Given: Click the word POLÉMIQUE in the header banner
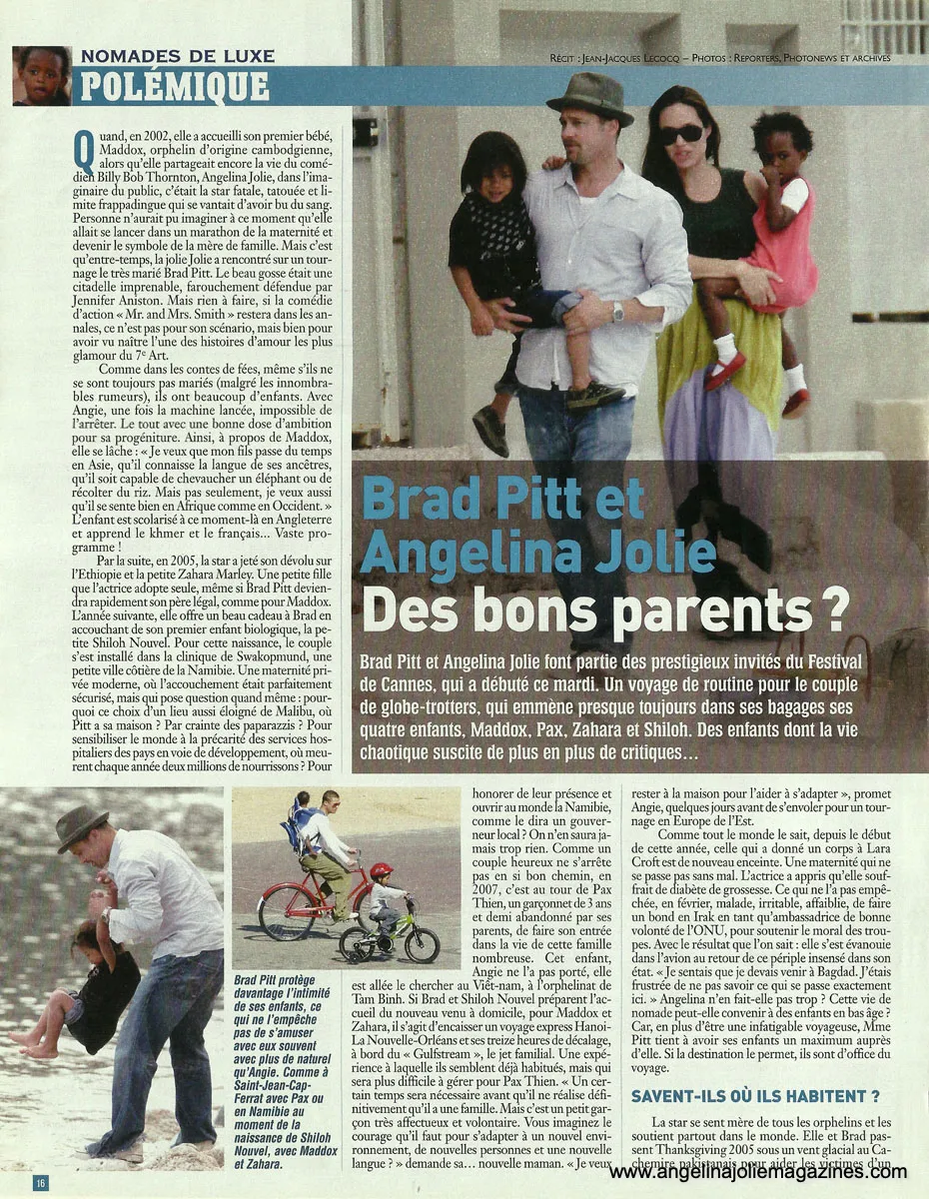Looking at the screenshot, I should tap(174, 87).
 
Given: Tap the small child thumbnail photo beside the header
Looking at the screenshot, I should tap(42, 75).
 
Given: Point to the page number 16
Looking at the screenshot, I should tap(40, 1183).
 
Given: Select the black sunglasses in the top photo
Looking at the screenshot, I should tap(680, 134).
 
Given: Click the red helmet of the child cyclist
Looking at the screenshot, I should tap(381, 871).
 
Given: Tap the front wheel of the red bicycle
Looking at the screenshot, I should tap(287, 911).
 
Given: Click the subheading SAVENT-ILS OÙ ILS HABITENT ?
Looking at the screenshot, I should tap(755, 1096).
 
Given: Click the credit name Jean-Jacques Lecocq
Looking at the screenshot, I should tap(650, 58).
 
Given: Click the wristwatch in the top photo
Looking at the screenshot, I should tap(618, 312).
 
